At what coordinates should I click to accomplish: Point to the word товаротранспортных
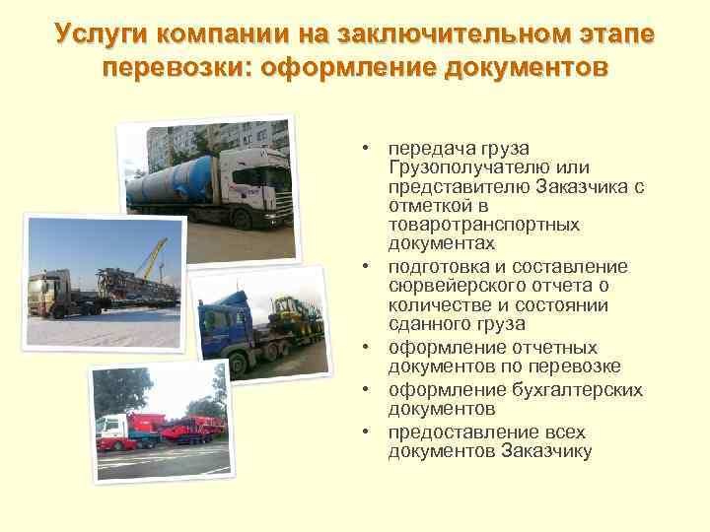pyautogui.click(x=483, y=224)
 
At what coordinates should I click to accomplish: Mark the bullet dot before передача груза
pyautogui.click(x=365, y=148)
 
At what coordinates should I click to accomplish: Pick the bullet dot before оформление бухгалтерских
pyautogui.click(x=365, y=390)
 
